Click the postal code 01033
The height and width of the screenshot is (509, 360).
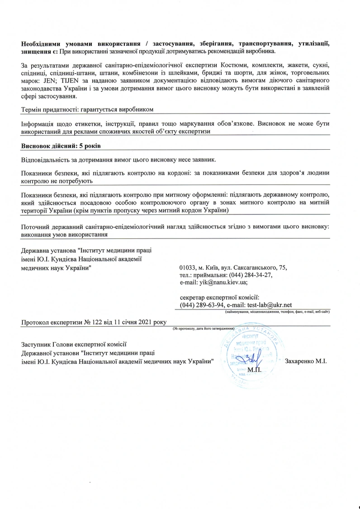(188, 267)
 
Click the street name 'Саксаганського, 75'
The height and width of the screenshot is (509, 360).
(260, 267)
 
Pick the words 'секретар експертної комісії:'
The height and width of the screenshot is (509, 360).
(219, 297)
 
